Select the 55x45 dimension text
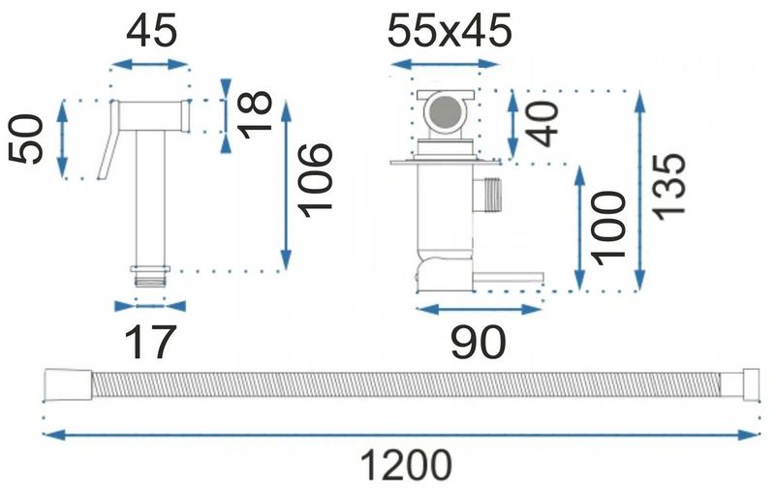click(x=449, y=33)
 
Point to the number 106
click(x=317, y=177)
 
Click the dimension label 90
click(x=478, y=342)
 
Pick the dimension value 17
click(x=150, y=342)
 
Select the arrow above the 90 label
click(x=478, y=309)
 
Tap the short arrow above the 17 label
click(x=147, y=303)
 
